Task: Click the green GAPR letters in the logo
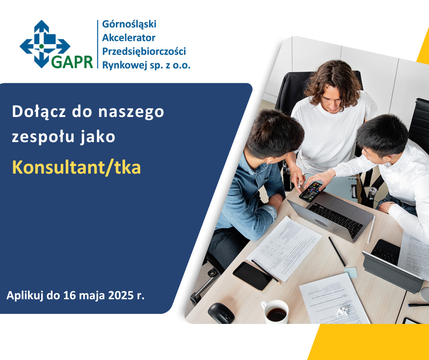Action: [x=72, y=62]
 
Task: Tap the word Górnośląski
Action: [x=129, y=24]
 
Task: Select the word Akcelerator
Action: [x=129, y=37]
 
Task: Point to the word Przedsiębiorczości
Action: [x=144, y=52]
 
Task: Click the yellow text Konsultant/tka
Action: [x=77, y=167]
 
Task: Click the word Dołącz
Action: [x=39, y=112]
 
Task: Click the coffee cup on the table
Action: [x=275, y=312]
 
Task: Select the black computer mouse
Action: [x=221, y=313]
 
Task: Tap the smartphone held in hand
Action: [x=312, y=191]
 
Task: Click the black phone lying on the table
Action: [x=252, y=276]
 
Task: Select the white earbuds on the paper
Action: [x=342, y=311]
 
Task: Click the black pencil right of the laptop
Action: [x=337, y=252]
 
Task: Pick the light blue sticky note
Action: [x=351, y=272]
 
